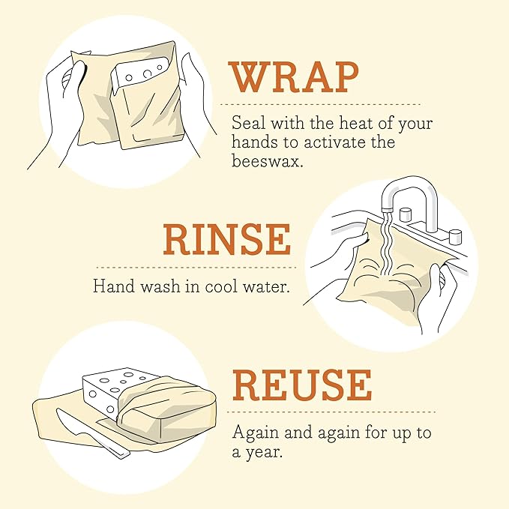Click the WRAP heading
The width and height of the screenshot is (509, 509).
click(x=294, y=77)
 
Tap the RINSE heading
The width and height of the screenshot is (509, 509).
click(x=226, y=240)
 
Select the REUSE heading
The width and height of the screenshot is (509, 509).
click(x=301, y=385)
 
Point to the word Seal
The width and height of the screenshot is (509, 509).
click(x=247, y=122)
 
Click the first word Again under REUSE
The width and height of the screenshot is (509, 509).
click(x=252, y=433)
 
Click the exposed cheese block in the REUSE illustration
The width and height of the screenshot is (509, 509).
click(x=112, y=390)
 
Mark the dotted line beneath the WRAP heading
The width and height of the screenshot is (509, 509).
click(x=324, y=104)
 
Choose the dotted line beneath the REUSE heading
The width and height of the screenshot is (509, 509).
click(x=333, y=412)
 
